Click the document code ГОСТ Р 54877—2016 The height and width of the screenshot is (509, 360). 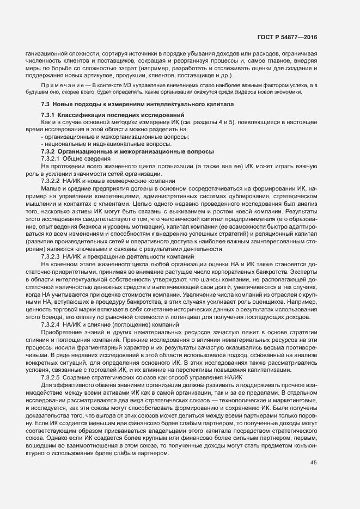tap(287, 36)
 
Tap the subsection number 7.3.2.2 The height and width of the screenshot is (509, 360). tap(51, 180)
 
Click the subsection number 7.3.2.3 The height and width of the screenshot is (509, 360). tap(51, 256)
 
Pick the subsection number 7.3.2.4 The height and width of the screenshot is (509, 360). tap(51, 324)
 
